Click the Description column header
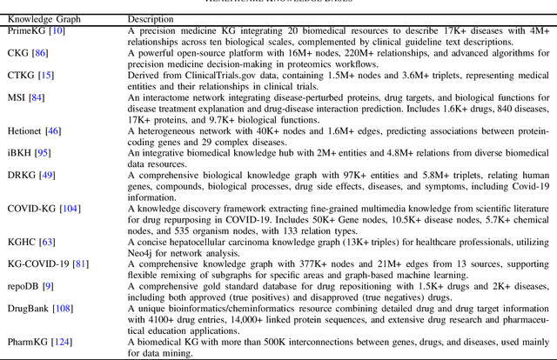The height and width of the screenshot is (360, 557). point(151,18)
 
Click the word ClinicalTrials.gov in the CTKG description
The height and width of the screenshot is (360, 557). point(198,76)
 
